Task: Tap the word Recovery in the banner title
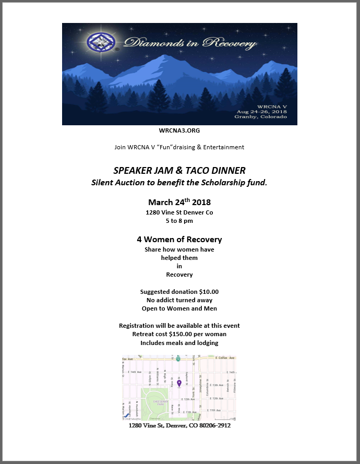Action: (230, 43)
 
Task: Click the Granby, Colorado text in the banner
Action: (261, 117)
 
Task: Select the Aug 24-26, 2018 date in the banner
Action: (261, 112)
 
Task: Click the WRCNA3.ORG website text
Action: (179, 130)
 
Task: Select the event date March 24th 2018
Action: (179, 202)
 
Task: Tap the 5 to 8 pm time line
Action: (179, 221)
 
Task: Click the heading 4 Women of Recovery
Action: (179, 240)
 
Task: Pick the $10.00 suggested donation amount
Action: (208, 292)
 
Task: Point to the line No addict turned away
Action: (179, 300)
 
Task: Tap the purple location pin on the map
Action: (179, 384)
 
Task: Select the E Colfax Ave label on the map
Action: (225, 358)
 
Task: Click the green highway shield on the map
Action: (178, 359)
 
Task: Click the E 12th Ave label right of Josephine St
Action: (218, 398)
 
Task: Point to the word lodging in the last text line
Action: (206, 343)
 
